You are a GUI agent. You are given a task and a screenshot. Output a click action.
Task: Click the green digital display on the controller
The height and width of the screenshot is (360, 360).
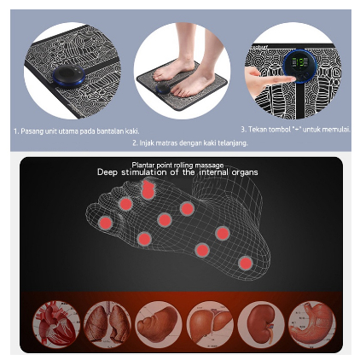pos(299,64)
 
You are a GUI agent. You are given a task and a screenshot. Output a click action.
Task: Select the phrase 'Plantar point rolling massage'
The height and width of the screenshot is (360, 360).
pos(177,164)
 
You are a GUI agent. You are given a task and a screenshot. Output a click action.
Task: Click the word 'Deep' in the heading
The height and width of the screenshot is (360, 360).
pos(107,172)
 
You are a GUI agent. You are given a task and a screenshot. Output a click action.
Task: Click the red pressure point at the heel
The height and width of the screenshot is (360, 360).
pos(246,264)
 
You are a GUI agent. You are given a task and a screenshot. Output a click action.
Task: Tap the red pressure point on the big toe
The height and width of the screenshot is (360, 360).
pos(148,189)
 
